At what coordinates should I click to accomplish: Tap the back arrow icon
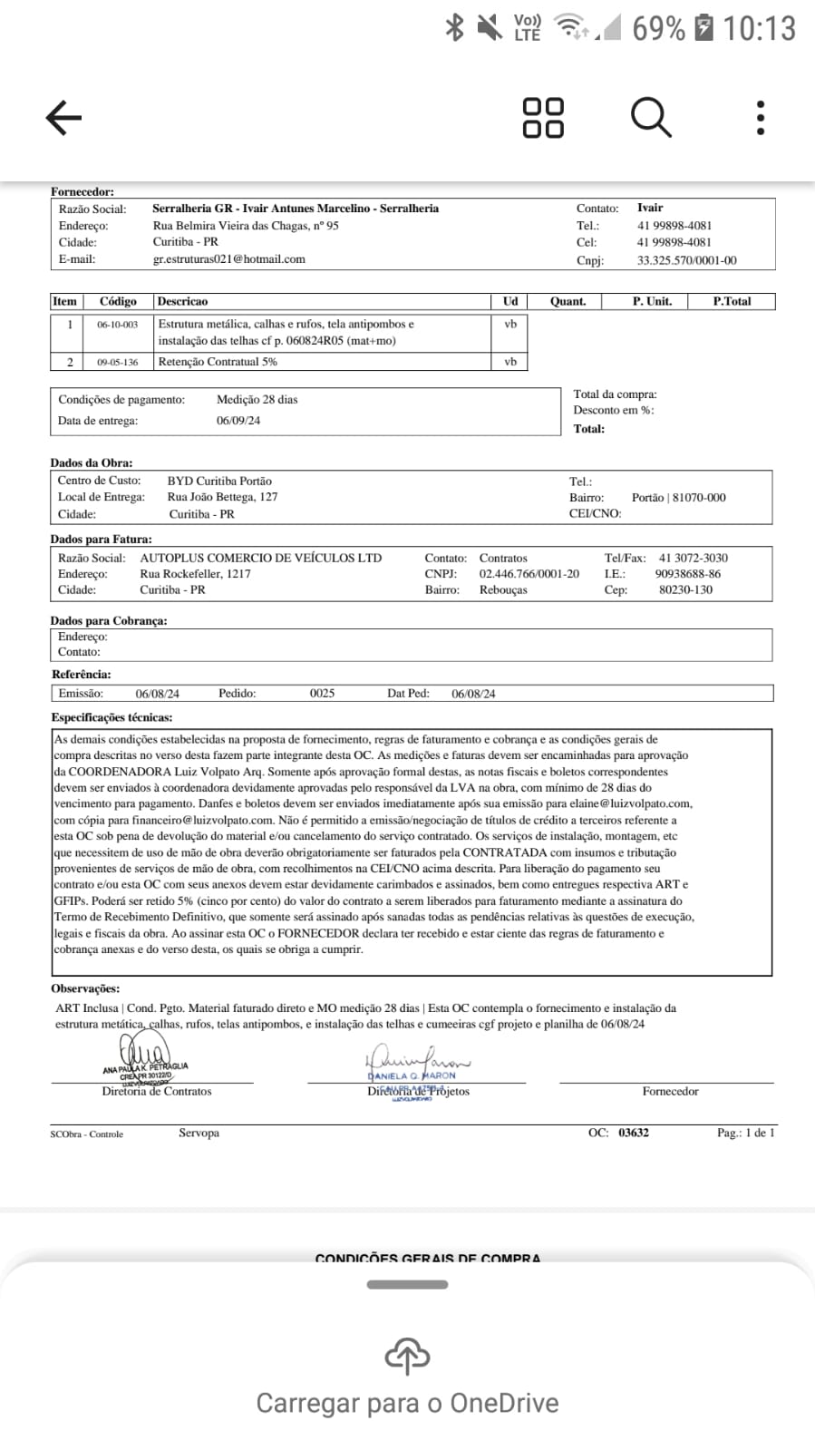tap(63, 118)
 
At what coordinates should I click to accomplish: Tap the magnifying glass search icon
tap(651, 117)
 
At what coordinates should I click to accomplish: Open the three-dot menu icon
tap(760, 118)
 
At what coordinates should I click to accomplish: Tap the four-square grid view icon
tap(543, 118)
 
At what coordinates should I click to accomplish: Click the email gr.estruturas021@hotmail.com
tap(228, 259)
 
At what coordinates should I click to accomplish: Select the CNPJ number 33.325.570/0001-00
tap(686, 260)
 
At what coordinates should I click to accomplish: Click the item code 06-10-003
tap(118, 325)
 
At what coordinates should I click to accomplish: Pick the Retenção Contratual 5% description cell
tap(218, 362)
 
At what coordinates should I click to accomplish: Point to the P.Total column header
tap(732, 301)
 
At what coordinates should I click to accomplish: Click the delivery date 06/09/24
tap(238, 421)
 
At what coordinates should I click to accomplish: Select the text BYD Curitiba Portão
tap(219, 482)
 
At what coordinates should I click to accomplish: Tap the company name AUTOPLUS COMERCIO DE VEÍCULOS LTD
tap(260, 559)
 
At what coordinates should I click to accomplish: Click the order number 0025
tap(322, 694)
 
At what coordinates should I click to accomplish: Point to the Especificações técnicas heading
tap(112, 717)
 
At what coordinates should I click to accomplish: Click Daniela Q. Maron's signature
tap(417, 1061)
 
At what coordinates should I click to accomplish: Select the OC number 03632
tap(634, 1133)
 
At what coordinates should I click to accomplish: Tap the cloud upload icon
tap(407, 1357)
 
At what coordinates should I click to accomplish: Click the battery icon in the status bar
tap(703, 28)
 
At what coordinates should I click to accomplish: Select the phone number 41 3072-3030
tap(693, 559)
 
